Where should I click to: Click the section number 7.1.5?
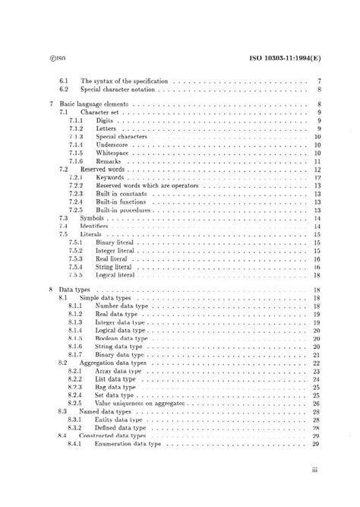(x=76, y=153)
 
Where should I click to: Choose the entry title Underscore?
(x=115, y=144)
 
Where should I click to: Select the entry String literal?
(x=117, y=267)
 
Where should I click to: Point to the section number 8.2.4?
(x=76, y=395)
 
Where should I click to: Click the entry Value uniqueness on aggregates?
(x=141, y=404)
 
